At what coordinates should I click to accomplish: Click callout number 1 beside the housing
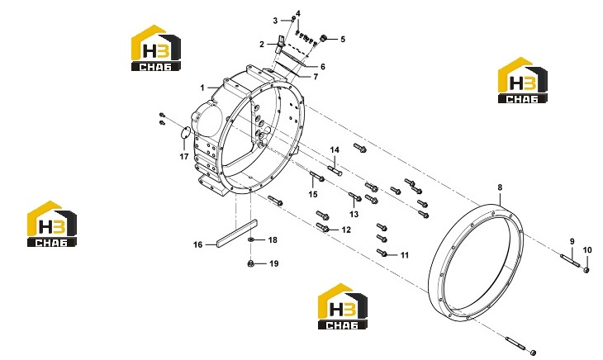202,88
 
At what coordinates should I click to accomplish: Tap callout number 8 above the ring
500,187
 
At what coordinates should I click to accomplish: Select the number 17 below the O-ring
184,156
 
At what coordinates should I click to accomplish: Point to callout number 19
273,263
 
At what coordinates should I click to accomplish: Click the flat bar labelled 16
236,233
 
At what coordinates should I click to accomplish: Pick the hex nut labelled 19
250,263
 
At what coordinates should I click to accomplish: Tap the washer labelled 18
250,239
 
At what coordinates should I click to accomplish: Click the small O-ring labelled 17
185,133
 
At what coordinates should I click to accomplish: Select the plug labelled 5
324,38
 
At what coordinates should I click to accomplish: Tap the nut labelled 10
586,269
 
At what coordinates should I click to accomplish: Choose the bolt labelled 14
335,170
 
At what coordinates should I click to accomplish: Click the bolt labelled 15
317,177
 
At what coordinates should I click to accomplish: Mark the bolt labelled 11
382,253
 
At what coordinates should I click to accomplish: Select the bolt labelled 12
322,227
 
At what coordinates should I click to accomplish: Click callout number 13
354,214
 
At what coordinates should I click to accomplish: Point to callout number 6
323,66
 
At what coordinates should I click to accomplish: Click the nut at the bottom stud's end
533,353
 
